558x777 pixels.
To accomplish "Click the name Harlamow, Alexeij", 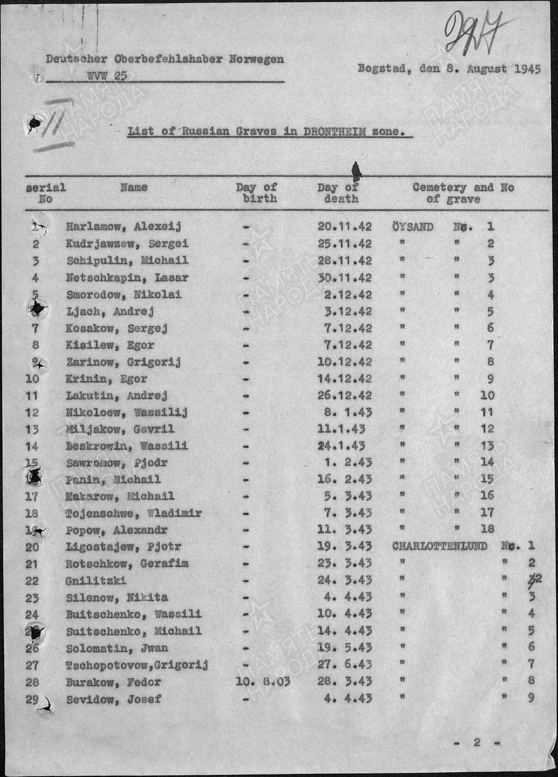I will coord(123,226).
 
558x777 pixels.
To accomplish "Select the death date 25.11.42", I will coord(344,244).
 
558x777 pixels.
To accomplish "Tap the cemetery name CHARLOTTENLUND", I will coord(439,546).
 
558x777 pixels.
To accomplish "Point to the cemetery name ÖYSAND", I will coord(413,227).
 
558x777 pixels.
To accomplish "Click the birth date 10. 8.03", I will coord(262,682).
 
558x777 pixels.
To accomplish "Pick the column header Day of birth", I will coord(257,193).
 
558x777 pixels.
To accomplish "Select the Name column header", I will coord(134,188).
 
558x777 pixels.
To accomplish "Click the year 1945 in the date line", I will coord(527,69).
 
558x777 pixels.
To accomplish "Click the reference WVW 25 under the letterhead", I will coord(107,76).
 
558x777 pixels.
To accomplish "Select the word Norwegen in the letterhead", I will coord(257,59).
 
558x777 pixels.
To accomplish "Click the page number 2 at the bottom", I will coord(477,743).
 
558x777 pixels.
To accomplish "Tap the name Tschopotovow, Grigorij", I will coord(137,666).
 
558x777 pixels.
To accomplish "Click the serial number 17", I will coord(32,496).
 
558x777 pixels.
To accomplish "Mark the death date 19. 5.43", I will coord(344,648).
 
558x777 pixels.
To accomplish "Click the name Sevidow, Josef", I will coord(113,700).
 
